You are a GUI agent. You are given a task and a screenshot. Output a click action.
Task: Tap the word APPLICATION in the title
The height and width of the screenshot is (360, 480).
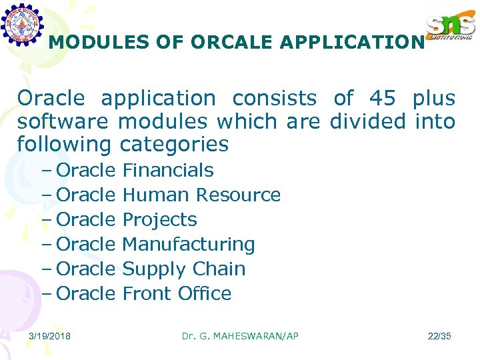coord(352,42)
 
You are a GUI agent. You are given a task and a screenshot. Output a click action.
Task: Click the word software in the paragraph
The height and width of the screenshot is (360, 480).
coord(63,121)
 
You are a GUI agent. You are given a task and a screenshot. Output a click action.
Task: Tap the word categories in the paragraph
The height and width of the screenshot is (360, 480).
coord(174,144)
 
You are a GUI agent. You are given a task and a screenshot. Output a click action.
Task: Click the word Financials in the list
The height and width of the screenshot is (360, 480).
coord(168,170)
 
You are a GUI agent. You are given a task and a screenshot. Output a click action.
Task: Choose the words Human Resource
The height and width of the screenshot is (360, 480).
coord(201,195)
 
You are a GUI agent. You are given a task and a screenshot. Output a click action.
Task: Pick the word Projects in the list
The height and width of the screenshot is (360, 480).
coord(160,219)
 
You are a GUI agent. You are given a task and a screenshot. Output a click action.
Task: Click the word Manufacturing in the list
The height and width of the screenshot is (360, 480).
coord(189,244)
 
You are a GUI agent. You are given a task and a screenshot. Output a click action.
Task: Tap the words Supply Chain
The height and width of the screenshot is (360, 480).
coord(184,269)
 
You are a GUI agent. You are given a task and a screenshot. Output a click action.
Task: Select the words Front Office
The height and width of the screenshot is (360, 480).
coord(177,293)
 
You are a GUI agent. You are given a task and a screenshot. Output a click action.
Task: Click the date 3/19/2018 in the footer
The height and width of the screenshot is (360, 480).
coord(50,336)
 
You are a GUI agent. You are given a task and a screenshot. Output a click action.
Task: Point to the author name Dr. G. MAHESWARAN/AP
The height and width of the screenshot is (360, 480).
coord(240,336)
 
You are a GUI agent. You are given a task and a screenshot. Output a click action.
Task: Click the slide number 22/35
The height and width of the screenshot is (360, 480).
coord(439,336)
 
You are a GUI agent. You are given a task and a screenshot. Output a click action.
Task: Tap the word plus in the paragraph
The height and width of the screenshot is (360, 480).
coord(433,98)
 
